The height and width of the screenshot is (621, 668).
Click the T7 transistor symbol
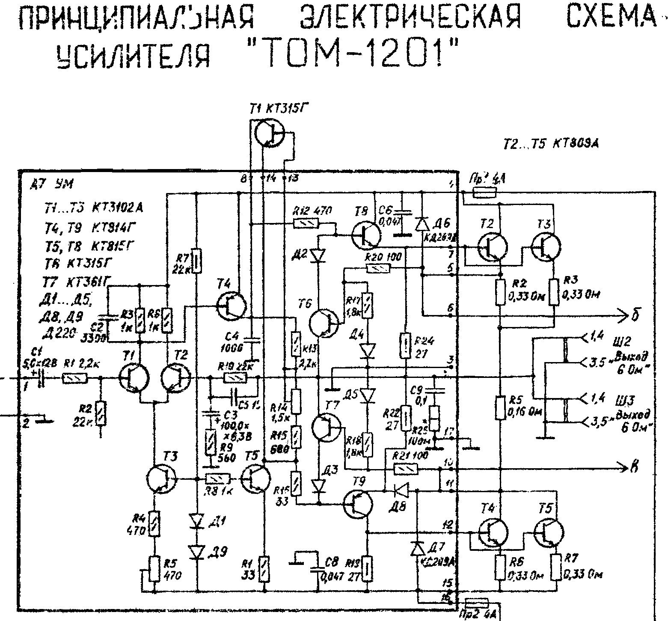click(x=326, y=428)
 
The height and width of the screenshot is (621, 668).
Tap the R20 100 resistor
click(x=377, y=269)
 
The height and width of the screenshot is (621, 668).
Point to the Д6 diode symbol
click(x=422, y=223)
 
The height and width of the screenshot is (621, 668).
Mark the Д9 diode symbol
click(x=197, y=552)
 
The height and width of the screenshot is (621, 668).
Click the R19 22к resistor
click(x=235, y=378)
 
